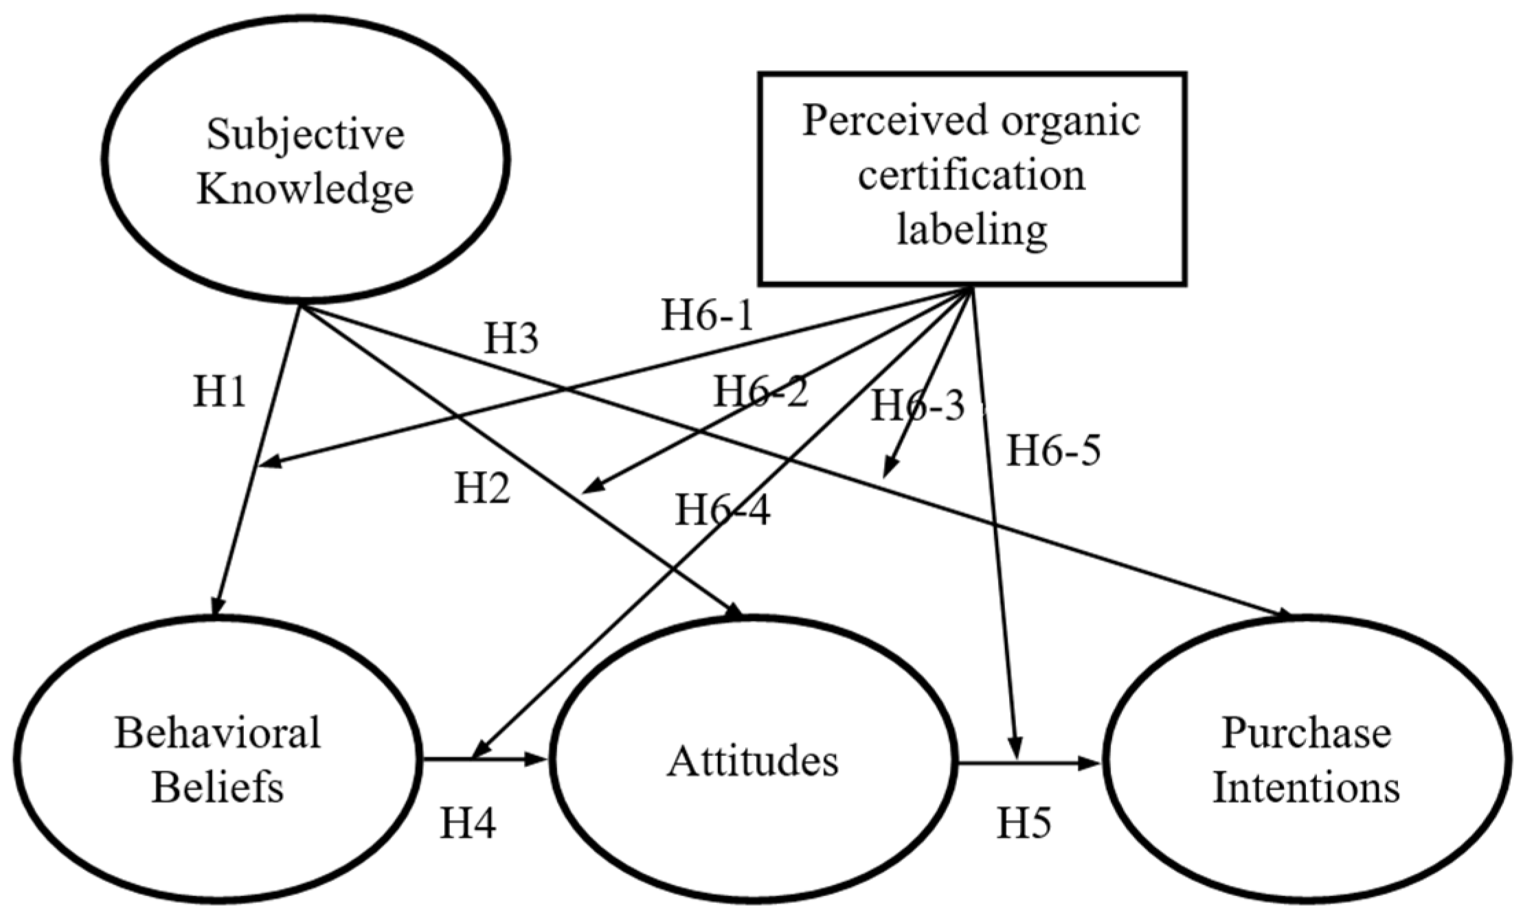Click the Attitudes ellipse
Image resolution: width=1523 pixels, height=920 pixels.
[x=754, y=761]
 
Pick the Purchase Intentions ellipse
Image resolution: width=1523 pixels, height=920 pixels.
[x=1306, y=760]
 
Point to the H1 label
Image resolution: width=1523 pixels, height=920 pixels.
[x=219, y=393]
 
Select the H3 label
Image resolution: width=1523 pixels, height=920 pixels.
[x=511, y=338]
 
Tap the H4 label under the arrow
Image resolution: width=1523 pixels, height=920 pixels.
[x=468, y=823]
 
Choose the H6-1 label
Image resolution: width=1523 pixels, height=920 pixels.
[x=707, y=317]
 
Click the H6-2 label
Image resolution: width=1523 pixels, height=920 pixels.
[x=760, y=392]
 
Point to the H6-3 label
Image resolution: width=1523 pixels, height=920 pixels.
[x=918, y=406]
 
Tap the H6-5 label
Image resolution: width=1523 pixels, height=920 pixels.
[x=1054, y=452]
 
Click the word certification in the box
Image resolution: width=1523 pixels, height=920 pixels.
[x=971, y=175]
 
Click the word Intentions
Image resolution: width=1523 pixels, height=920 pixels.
[x=1306, y=787]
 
